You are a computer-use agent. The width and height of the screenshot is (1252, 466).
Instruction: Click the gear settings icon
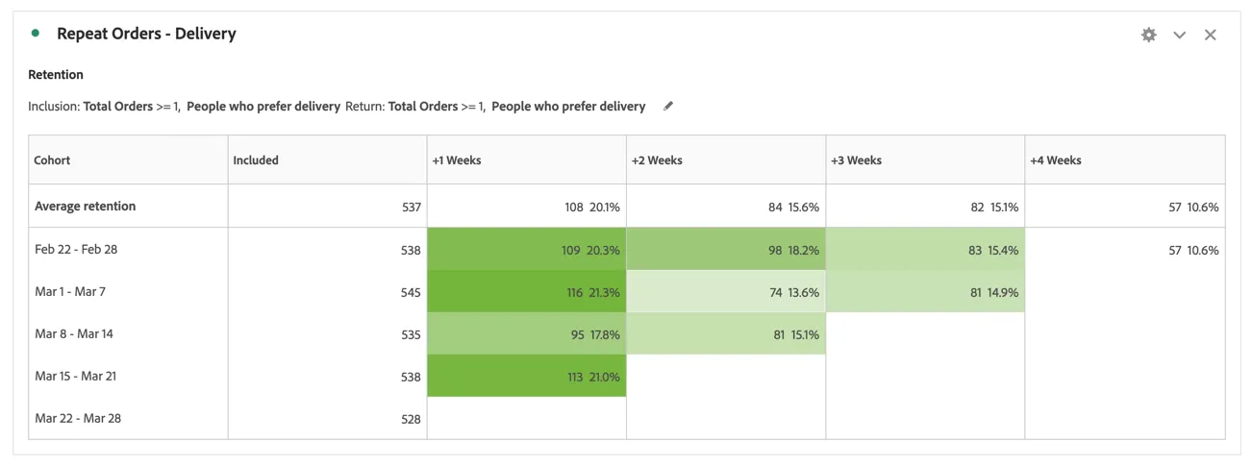[x=1148, y=35]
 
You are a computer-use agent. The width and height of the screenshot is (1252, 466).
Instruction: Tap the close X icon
[x=1210, y=35]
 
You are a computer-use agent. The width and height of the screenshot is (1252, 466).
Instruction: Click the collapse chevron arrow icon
[x=1179, y=36]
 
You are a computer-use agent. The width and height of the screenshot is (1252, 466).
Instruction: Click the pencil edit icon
[x=668, y=106]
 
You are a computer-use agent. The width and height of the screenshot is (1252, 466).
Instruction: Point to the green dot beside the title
[x=36, y=33]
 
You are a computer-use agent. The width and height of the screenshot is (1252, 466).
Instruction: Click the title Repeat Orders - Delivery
[x=146, y=34]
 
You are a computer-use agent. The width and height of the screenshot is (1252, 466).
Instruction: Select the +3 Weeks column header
[x=856, y=160]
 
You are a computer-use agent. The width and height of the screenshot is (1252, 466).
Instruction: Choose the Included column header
[x=256, y=160]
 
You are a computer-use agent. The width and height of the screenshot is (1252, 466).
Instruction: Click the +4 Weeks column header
[x=1055, y=160]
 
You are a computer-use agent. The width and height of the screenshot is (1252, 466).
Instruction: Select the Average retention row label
[x=85, y=207]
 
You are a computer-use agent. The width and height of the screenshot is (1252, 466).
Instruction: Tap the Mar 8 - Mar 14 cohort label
[x=74, y=334]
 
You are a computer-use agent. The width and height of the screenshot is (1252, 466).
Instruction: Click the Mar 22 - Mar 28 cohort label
[x=78, y=419]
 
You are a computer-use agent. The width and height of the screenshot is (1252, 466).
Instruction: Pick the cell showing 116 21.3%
[x=527, y=291]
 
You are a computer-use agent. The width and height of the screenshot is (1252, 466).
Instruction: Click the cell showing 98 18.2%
[x=726, y=249]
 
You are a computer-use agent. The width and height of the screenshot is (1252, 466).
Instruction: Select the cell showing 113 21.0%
[x=527, y=376]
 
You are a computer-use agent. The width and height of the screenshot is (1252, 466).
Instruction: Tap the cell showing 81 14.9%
[x=926, y=291]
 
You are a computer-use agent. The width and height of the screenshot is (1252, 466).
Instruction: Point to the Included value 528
[x=411, y=419]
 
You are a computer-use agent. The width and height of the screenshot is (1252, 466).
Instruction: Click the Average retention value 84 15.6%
[x=793, y=208]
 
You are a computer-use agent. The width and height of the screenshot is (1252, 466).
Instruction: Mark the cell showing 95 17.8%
[x=527, y=333]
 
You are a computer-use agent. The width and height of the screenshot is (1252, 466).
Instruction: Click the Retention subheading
[x=56, y=75]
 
